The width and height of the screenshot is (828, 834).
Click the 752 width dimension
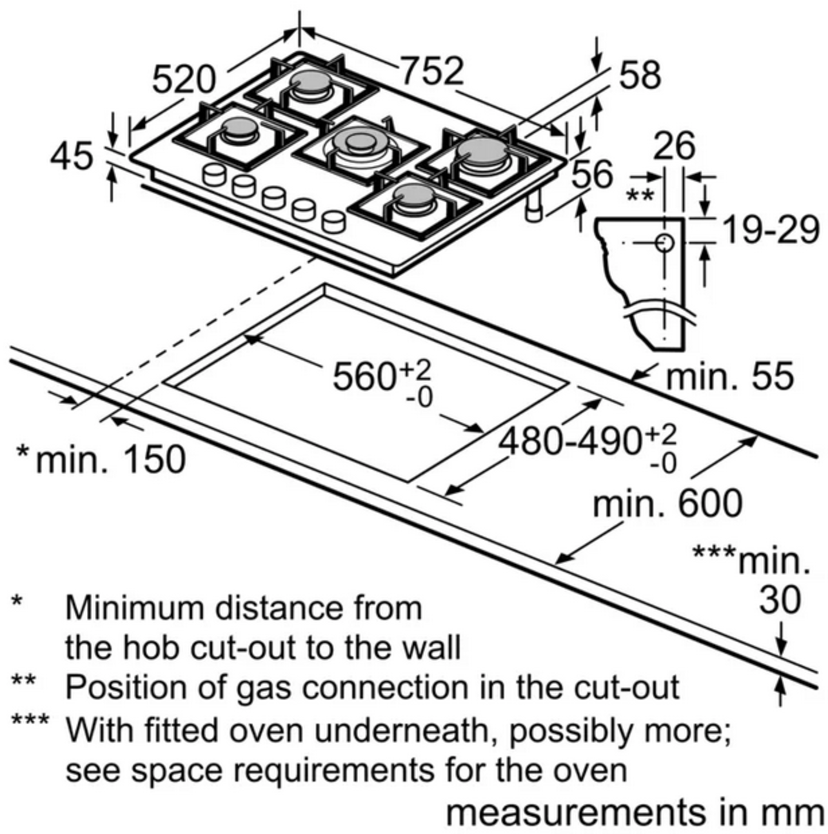pyautogui.click(x=432, y=71)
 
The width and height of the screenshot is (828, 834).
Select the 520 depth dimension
pyautogui.click(x=183, y=79)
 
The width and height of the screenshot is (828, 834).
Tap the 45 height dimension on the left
pyautogui.click(x=72, y=156)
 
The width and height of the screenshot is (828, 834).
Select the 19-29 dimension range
pyautogui.click(x=770, y=230)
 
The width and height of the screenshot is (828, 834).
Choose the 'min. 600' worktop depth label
pyautogui.click(x=668, y=504)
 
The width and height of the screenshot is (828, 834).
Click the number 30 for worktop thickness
pyautogui.click(x=780, y=600)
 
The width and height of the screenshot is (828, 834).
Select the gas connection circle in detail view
pyautogui.click(x=664, y=242)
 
